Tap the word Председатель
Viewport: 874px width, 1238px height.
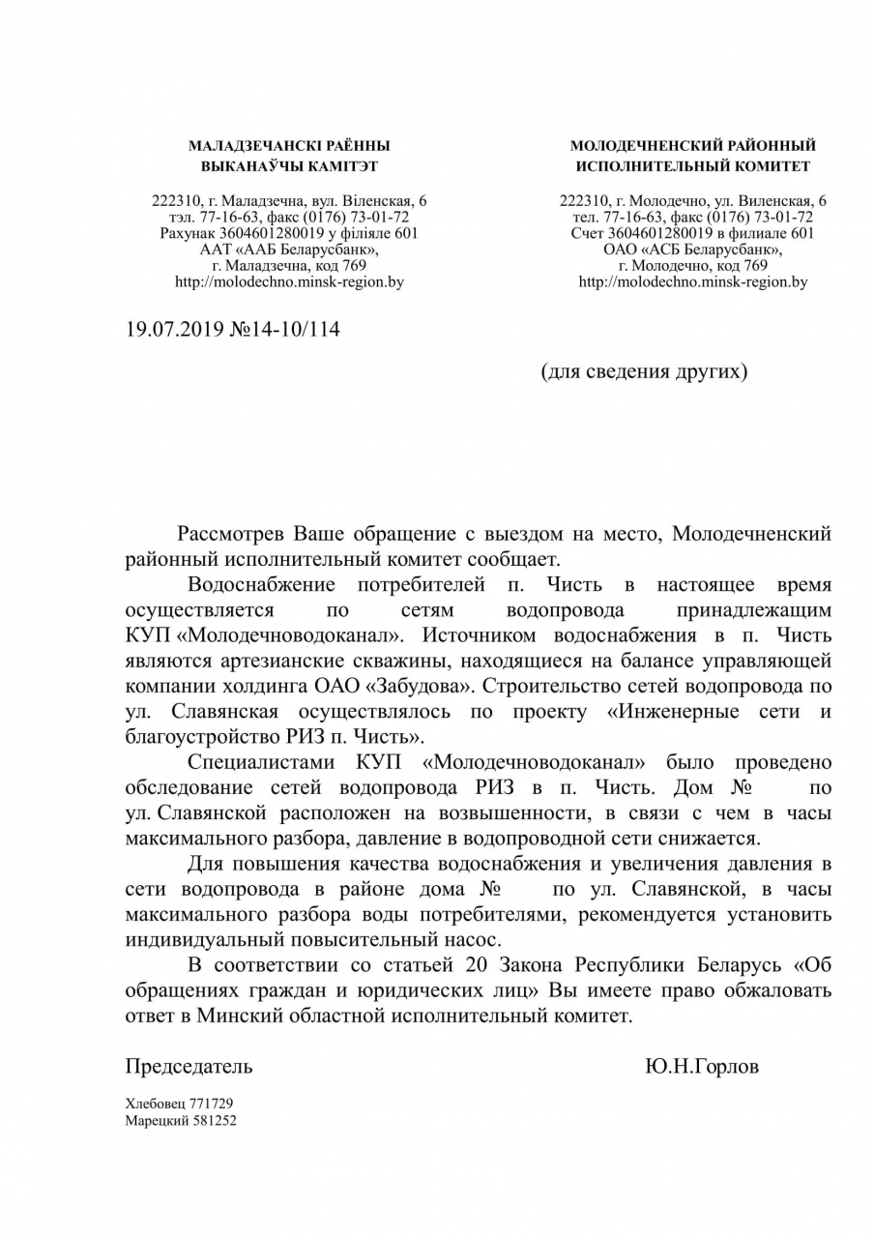pyautogui.click(x=189, y=1067)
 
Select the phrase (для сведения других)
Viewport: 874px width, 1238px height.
pyautogui.click(x=643, y=371)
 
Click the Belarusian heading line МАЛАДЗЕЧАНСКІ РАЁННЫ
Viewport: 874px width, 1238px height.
pyautogui.click(x=289, y=146)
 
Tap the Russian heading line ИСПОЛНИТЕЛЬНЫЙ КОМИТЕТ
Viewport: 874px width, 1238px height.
pyautogui.click(x=693, y=166)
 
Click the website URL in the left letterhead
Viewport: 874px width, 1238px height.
pyautogui.click(x=289, y=282)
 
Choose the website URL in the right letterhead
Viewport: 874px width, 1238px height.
pyautogui.click(x=693, y=282)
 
